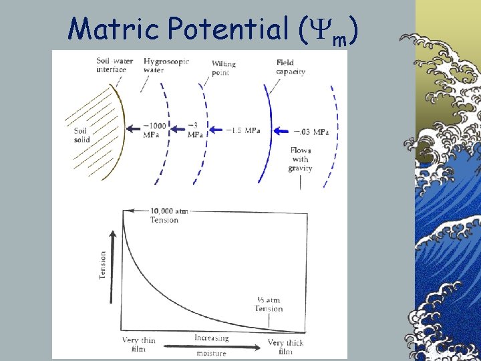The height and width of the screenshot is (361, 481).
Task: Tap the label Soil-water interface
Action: [x=111, y=66]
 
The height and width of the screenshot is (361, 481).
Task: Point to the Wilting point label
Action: [x=223, y=68]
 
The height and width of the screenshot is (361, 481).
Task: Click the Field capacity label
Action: [x=291, y=67]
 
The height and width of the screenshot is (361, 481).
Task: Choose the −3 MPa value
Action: [x=194, y=130]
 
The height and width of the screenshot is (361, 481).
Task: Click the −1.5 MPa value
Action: [x=243, y=130]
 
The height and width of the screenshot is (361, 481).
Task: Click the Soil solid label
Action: [x=82, y=135]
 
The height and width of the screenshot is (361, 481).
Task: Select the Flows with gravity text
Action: [x=300, y=159]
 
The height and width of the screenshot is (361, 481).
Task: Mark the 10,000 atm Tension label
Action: [x=166, y=215]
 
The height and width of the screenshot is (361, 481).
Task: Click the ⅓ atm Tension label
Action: [x=269, y=304]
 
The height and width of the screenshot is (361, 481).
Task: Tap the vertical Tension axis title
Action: [x=103, y=265]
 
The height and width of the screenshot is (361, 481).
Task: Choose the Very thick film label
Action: [x=285, y=347]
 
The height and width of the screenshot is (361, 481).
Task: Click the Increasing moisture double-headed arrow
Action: [x=211, y=346]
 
